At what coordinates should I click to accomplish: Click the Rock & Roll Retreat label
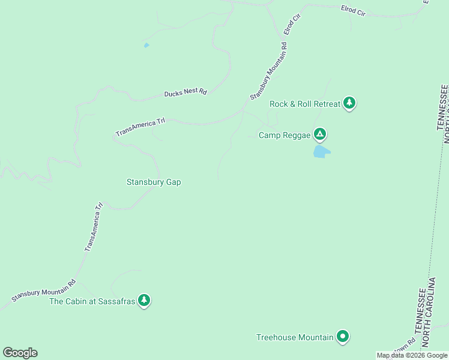coord(305,104)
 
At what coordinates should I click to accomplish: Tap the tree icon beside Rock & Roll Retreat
coord(349,103)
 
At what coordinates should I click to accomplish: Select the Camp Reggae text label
coord(285,135)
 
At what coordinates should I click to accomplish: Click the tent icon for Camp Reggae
coord(321,134)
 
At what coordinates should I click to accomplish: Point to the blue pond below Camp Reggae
coord(321,152)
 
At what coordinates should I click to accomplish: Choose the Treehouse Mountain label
coord(295,337)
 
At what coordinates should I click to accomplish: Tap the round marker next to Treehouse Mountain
coord(343,337)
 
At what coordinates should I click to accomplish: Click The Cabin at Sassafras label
coord(91,301)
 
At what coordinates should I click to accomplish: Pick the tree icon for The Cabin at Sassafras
coord(143,300)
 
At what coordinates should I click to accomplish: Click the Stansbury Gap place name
coord(154,182)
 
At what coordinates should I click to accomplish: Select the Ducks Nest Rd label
coord(185,93)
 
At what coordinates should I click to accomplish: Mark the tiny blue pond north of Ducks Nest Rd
coord(146,45)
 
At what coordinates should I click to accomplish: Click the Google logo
coord(20,353)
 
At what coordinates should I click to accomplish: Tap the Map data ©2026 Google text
coord(412,356)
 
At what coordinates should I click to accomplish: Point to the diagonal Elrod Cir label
coord(291,26)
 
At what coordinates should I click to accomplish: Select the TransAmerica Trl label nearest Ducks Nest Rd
coord(140,127)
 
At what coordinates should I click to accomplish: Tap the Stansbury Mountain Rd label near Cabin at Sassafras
coord(44,291)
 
